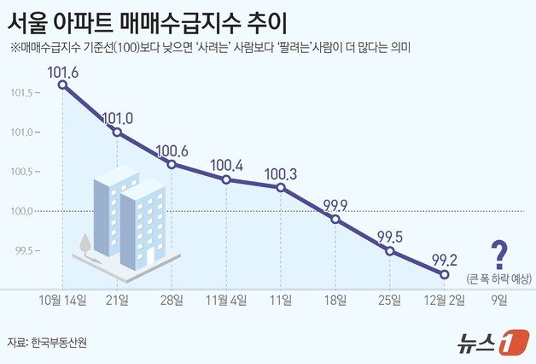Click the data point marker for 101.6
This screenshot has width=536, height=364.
click(62, 85)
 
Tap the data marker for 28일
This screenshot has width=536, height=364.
click(172, 164)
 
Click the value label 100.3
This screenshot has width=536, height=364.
click(281, 173)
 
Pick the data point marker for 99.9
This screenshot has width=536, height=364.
click(335, 219)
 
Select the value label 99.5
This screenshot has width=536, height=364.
click(390, 237)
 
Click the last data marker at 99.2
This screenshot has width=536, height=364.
click(445, 274)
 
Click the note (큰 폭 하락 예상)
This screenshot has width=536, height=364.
click(499, 278)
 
